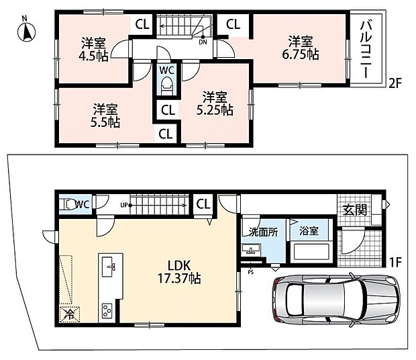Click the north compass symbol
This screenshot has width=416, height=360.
[x=27, y=32]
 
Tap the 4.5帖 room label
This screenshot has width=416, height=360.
[x=93, y=50]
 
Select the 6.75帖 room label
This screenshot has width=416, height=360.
[x=301, y=48]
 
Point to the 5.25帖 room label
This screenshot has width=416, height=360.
[x=215, y=103]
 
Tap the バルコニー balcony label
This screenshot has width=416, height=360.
[x=366, y=50]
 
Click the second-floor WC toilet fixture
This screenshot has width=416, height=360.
[x=166, y=85]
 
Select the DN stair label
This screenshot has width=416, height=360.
[x=203, y=42]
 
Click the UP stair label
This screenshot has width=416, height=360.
[x=124, y=206]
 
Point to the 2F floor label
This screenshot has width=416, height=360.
[x=395, y=84]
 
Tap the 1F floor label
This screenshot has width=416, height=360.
[x=395, y=263]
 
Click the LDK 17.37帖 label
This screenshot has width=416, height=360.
[x=179, y=272]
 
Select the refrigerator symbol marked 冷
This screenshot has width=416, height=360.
[x=70, y=314]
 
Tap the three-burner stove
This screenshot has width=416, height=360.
[x=107, y=310]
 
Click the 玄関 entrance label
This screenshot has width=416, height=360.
[x=355, y=210]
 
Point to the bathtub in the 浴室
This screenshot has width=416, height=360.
[x=311, y=252]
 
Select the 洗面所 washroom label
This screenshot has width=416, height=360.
[x=263, y=232]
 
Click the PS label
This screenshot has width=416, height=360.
[x=250, y=272]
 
